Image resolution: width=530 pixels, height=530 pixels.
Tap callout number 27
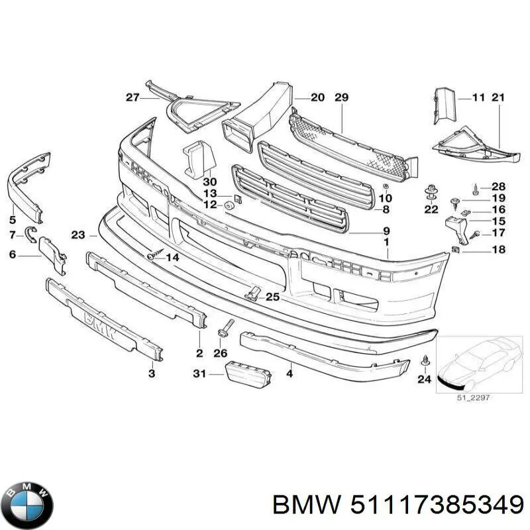[x=132, y=98]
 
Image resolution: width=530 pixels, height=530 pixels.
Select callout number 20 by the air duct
[x=317, y=98]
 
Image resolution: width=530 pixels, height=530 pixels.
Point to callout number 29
[x=341, y=98]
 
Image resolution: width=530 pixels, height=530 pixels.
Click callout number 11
[x=479, y=98]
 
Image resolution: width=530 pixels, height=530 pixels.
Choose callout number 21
[x=498, y=98]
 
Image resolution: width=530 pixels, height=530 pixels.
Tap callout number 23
[x=78, y=235]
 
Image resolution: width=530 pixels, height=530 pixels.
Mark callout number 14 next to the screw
[x=172, y=256]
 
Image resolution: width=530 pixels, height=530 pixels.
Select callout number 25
[x=272, y=297]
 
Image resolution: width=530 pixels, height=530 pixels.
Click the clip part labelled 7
[x=30, y=232]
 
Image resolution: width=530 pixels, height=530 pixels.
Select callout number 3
[x=152, y=374]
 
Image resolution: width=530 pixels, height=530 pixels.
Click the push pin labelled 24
[x=425, y=362]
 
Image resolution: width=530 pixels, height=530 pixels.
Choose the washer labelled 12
[x=229, y=205]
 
